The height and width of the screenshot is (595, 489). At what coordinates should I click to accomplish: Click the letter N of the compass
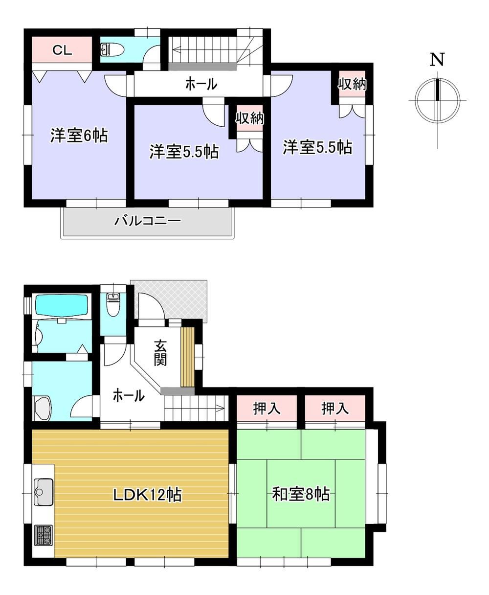click(437, 60)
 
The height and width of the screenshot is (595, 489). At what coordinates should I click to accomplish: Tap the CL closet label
click(62, 50)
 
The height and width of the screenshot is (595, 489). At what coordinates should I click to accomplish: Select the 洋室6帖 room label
click(79, 136)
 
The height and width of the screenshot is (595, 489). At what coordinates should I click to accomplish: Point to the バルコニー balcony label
click(147, 221)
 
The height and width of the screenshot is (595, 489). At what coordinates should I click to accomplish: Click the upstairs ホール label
click(201, 84)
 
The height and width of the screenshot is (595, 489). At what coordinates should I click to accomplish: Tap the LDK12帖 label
click(148, 494)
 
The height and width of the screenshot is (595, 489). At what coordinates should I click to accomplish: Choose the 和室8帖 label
click(301, 494)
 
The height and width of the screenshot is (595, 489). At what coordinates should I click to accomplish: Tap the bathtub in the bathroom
click(62, 305)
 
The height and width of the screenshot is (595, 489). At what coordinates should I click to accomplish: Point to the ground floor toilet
click(112, 305)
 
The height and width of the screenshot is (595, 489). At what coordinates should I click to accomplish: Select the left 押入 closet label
click(267, 409)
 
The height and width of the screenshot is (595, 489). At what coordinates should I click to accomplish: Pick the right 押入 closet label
click(335, 409)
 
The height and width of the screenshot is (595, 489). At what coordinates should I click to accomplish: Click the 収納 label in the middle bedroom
click(249, 118)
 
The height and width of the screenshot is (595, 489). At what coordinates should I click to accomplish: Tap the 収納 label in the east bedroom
click(352, 84)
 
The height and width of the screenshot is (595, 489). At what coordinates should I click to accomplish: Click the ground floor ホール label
click(129, 395)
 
